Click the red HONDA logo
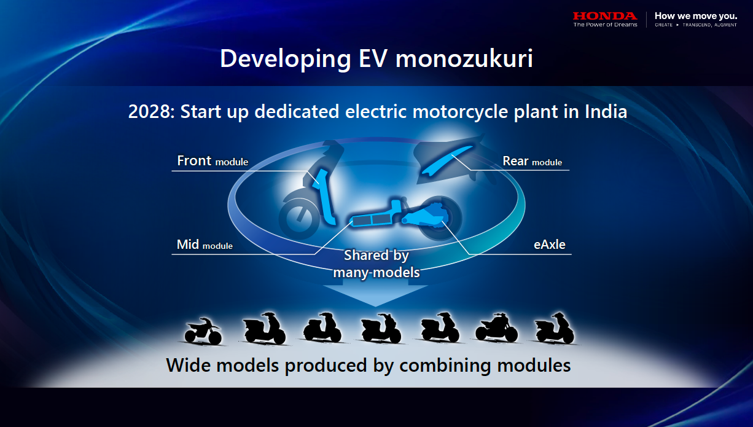pos(605,16)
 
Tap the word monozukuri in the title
pos(464,58)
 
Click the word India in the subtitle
pos(606,112)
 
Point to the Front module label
pos(213,161)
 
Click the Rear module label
pos(532,161)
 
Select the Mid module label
pos(205,245)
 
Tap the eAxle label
pos(550,245)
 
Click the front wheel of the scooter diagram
pos(299,218)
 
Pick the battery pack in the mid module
pos(371,220)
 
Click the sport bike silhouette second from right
pos(496,328)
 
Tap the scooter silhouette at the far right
pos(555,328)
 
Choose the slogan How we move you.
pos(696,16)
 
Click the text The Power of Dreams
pos(605,25)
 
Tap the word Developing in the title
pos(286,59)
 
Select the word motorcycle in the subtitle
pos(460,112)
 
